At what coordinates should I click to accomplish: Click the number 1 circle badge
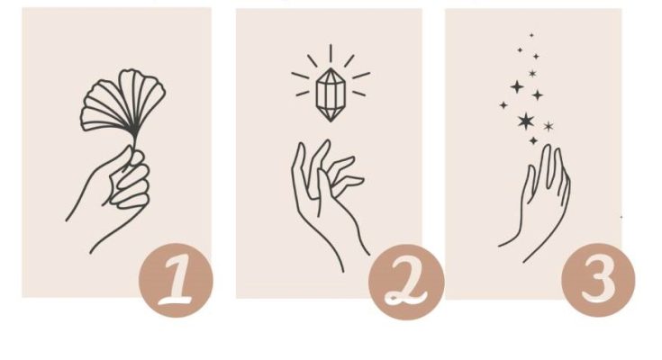176,280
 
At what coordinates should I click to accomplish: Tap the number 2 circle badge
406,282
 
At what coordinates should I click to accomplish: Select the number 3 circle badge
598,280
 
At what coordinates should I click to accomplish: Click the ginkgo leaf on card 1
122,103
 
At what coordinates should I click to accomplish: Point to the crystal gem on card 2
331,95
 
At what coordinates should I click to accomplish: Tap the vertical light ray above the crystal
331,53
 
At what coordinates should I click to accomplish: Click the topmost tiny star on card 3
531,35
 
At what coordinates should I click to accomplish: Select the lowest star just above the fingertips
533,140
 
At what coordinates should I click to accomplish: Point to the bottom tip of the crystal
331,122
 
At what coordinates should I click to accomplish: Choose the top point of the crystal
331,68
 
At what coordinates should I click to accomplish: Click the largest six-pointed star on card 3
526,121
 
